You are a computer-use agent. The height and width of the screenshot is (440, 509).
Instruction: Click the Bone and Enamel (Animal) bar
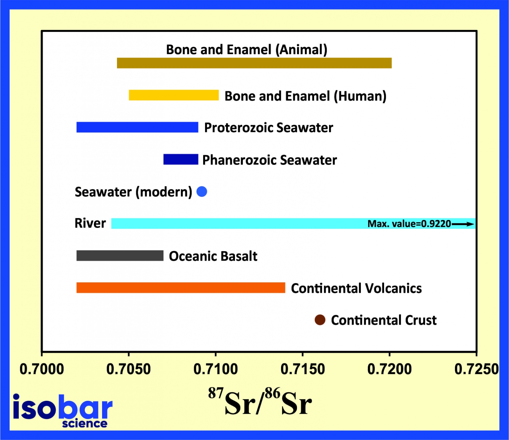(254, 63)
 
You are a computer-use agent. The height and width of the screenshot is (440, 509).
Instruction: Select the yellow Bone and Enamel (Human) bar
(174, 95)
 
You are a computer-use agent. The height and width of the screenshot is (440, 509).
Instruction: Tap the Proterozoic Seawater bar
(137, 127)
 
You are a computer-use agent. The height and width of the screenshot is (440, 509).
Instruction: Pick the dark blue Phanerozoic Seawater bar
(181, 159)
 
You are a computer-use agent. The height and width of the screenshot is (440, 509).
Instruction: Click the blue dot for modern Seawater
(202, 191)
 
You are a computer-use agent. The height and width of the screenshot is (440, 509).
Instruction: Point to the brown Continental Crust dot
(320, 320)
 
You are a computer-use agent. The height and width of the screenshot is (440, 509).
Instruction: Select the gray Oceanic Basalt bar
(120, 256)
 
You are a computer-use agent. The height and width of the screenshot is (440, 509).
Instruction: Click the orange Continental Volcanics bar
(181, 288)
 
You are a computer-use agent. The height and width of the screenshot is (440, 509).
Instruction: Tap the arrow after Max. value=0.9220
(463, 224)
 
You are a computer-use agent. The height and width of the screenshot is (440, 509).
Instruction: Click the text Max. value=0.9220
(409, 224)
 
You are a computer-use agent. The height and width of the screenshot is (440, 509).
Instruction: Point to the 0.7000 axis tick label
(42, 369)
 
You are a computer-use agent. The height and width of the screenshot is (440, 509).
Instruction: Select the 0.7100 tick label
(215, 369)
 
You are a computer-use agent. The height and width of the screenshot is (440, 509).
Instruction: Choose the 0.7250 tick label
(476, 369)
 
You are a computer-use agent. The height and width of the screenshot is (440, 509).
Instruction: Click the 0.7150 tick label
(303, 369)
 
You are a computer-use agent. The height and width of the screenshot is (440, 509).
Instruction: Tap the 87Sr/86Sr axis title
(260, 402)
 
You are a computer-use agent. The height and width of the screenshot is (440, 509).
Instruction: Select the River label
(90, 223)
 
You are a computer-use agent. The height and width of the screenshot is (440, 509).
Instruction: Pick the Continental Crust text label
(383, 320)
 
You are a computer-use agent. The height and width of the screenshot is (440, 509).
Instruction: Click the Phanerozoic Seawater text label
(269, 160)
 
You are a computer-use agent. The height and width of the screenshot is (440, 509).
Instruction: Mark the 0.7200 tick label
(389, 369)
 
